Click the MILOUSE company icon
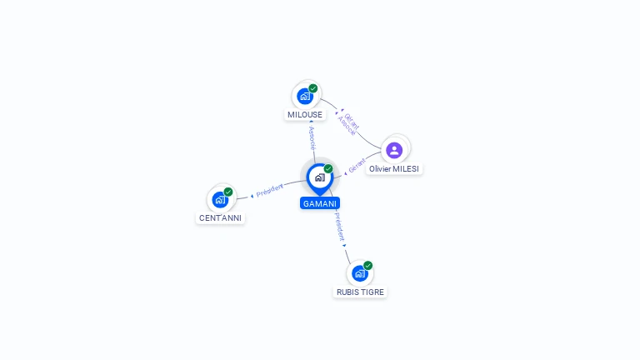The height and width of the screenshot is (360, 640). [305, 96]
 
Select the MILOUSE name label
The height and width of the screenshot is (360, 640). [305, 115]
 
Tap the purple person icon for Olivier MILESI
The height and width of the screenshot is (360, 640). [395, 150]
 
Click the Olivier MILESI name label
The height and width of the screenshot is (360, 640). [395, 168]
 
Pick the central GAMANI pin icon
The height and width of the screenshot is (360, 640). [319, 177]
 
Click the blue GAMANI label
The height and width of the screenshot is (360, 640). [320, 203]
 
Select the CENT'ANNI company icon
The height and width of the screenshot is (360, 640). [220, 199]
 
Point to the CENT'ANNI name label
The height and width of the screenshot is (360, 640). [221, 218]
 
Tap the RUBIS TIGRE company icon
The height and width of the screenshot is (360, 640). [359, 272]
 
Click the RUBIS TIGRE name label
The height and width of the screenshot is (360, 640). [360, 292]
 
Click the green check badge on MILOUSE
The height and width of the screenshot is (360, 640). [313, 88]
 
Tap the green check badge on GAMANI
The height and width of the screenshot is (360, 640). [328, 168]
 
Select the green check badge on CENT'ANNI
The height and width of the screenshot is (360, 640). [228, 192]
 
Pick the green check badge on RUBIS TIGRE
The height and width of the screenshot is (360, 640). [367, 265]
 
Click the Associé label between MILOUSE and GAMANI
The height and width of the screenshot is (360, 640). [312, 137]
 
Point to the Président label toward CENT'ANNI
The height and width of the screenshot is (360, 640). [270, 190]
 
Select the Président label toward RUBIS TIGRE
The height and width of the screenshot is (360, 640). [339, 227]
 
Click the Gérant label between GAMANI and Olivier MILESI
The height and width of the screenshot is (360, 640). [357, 165]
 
